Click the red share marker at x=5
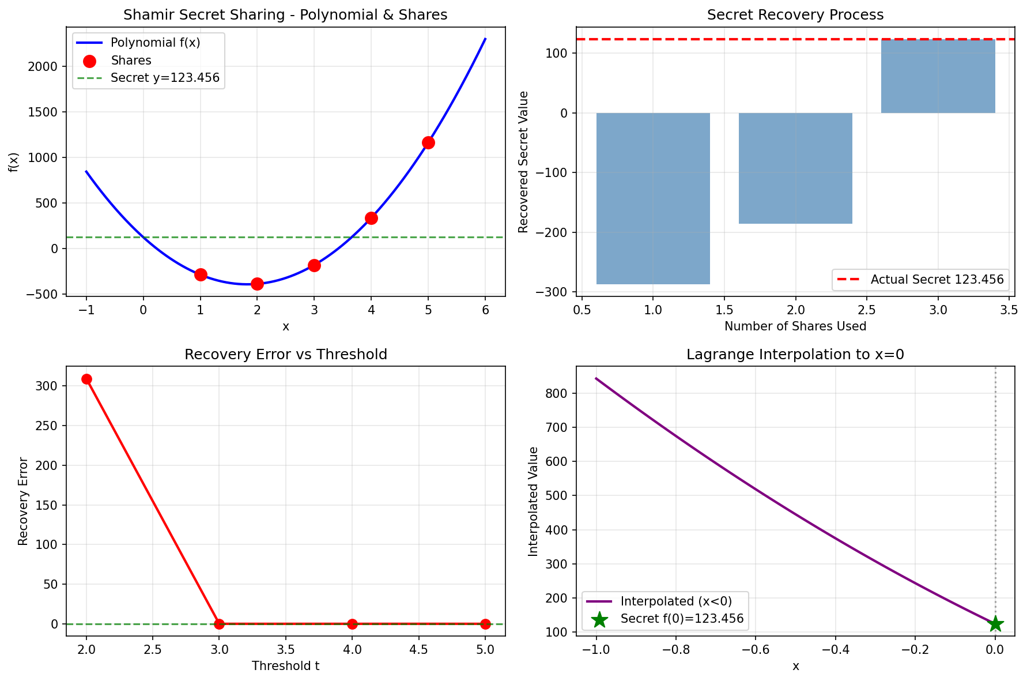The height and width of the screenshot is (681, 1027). pyautogui.click(x=428, y=142)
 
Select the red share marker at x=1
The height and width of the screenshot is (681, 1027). pyautogui.click(x=201, y=274)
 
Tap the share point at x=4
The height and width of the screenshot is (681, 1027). pyautogui.click(x=371, y=218)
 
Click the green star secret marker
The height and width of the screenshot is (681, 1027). pyautogui.click(x=995, y=624)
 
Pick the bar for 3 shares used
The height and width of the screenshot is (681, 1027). pyautogui.click(x=938, y=76)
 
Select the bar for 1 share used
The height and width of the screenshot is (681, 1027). pyautogui.click(x=653, y=198)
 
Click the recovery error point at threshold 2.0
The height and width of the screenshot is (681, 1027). pyautogui.click(x=86, y=379)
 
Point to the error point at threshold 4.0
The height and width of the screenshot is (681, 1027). pyautogui.click(x=352, y=624)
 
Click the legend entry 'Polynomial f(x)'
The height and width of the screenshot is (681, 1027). pyautogui.click(x=155, y=43)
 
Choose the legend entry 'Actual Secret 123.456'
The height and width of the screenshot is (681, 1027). pyautogui.click(x=937, y=280)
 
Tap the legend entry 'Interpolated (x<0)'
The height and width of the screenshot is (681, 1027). pyautogui.click(x=675, y=601)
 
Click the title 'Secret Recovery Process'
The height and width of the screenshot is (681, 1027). pyautogui.click(x=795, y=15)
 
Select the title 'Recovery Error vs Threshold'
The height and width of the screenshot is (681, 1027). pyautogui.click(x=285, y=355)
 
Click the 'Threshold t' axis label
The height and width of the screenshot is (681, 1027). pyautogui.click(x=285, y=666)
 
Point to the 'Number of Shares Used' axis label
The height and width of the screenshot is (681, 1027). pyautogui.click(x=795, y=326)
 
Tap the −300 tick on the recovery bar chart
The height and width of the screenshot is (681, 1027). pyautogui.click(x=556, y=292)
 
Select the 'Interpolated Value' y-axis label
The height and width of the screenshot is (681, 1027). pyautogui.click(x=533, y=501)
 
